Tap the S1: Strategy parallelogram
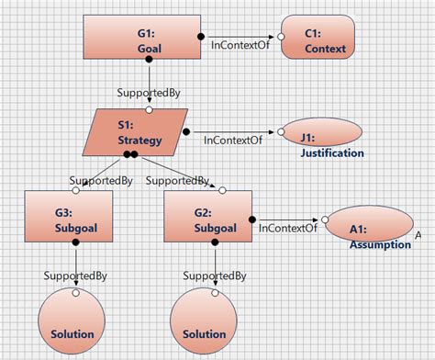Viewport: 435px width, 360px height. tap(136, 131)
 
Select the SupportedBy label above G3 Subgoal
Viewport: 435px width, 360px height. tap(101, 180)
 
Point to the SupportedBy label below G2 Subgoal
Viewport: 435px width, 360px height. tap(214, 275)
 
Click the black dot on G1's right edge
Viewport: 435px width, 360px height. tap(202, 36)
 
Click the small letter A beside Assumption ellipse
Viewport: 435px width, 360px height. tap(419, 236)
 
